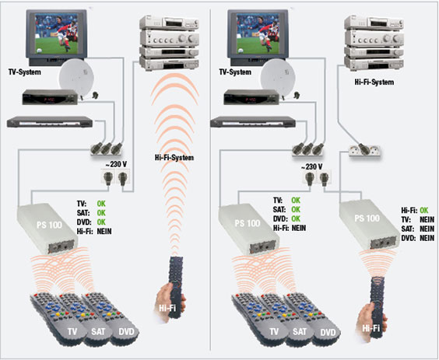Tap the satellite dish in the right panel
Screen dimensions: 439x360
coord(277,78)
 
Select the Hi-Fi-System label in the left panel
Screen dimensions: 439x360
coord(174,158)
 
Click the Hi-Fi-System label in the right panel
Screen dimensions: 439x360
coord(374,82)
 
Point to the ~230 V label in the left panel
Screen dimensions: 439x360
coord(116,164)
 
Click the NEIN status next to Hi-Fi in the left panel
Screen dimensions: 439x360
coord(104,232)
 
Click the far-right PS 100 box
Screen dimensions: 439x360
coord(368,224)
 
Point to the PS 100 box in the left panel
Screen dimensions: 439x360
coord(47,229)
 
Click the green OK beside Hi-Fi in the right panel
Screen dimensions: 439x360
coord(424,211)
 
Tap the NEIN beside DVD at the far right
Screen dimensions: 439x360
coord(427,238)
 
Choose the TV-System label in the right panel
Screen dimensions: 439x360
coord(235,72)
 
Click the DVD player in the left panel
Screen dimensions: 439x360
coord(50,122)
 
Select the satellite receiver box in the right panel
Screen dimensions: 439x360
coord(251,97)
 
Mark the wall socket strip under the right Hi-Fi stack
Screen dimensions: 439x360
coord(364,150)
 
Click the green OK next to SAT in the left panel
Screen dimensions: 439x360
coord(101,213)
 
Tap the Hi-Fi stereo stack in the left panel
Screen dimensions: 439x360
coord(170,43)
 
